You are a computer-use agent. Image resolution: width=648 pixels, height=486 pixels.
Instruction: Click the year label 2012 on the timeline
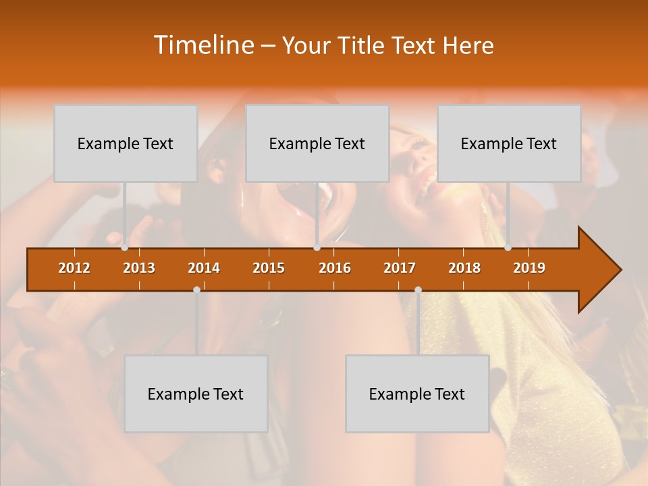point(74,268)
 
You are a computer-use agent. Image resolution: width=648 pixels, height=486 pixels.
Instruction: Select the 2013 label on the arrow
point(139,268)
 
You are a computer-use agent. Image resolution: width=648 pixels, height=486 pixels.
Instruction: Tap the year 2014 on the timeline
point(204,268)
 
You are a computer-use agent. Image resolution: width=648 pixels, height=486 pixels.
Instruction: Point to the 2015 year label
point(269,268)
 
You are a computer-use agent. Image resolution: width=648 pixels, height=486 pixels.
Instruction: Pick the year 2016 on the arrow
point(335,268)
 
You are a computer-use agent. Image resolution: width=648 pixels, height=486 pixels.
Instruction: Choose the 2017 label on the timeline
point(400,268)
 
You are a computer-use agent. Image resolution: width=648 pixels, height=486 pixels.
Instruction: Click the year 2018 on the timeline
point(464,268)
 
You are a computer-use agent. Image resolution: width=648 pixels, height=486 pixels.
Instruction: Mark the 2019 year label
point(529,268)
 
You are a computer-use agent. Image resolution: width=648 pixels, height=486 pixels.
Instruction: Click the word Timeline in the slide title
point(203,45)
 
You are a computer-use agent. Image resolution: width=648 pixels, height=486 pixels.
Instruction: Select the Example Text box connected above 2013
point(126,143)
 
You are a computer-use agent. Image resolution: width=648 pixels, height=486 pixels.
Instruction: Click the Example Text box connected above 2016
point(317,143)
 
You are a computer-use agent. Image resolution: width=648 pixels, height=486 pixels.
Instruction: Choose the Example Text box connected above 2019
point(509,143)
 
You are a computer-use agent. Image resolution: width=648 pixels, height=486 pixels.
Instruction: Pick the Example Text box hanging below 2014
point(196,394)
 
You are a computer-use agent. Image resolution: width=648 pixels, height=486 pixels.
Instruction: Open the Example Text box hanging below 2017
point(417,394)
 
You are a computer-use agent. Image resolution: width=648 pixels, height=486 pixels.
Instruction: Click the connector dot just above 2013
point(124,248)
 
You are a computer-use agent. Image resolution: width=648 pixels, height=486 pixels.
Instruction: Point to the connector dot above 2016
point(317,248)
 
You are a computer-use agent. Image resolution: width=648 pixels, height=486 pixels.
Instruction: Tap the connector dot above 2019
point(508,248)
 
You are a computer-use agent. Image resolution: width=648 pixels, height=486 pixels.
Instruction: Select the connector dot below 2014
point(196,290)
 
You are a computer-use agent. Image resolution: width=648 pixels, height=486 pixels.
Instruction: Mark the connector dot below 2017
point(418,290)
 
